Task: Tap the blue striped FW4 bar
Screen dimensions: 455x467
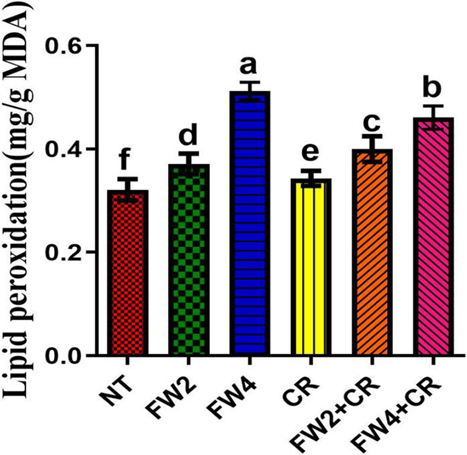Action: [x=249, y=224]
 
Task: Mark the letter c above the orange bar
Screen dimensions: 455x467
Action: [x=372, y=117]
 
